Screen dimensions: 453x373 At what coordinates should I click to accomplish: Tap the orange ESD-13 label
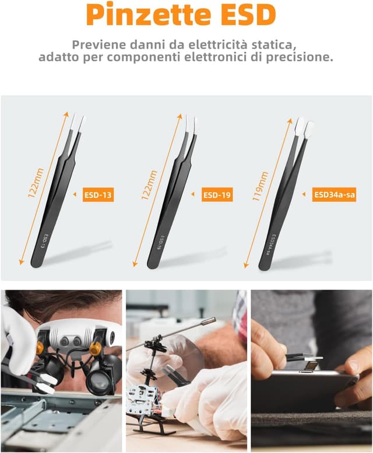(98, 195)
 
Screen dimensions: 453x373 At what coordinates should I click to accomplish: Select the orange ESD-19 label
(217, 195)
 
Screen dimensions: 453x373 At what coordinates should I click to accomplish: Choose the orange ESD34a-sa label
(335, 195)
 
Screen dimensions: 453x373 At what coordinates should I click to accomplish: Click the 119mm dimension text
(261, 186)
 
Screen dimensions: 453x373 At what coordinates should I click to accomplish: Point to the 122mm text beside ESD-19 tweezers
(149, 185)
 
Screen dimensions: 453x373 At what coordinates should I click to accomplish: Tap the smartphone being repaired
(303, 386)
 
